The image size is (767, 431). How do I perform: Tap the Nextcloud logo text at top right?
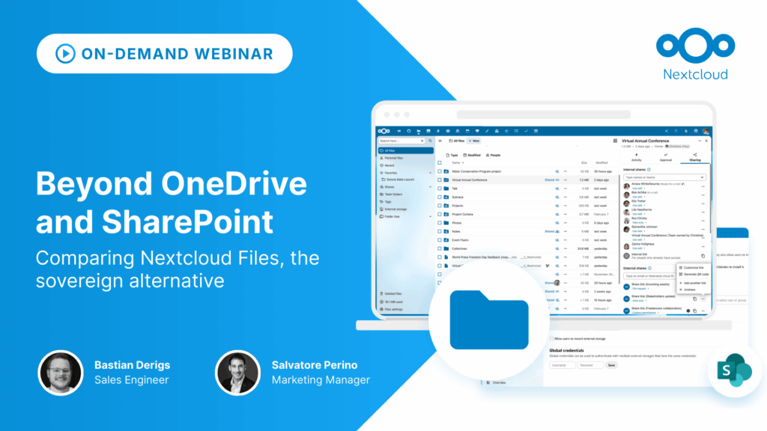(x=695, y=74)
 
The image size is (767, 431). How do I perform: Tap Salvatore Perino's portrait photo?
(x=237, y=372)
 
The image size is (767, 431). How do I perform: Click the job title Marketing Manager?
(x=321, y=380)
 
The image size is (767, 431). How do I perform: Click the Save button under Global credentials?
(x=611, y=365)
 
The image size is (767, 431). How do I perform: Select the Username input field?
(x=563, y=365)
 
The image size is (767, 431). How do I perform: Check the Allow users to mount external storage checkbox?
(x=551, y=339)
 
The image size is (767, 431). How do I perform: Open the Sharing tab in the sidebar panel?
(x=695, y=159)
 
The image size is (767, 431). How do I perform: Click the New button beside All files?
(x=474, y=141)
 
